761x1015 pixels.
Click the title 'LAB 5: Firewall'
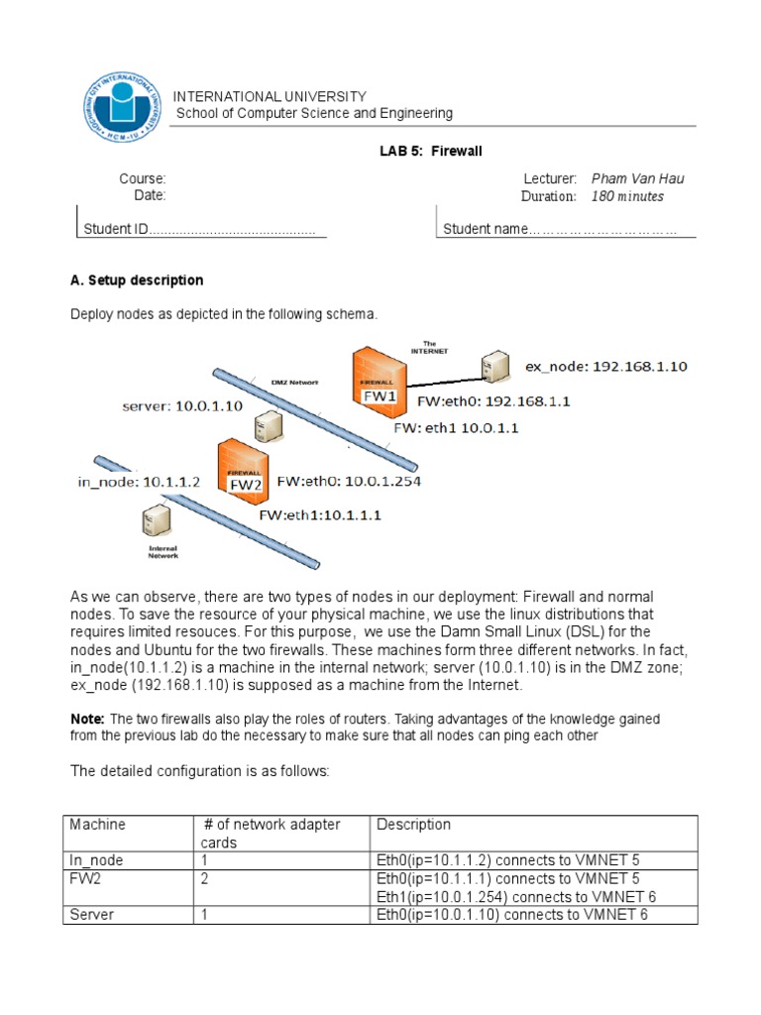[x=431, y=151]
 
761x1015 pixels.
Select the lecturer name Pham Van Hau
[x=637, y=178]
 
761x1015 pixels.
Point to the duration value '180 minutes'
[x=627, y=196]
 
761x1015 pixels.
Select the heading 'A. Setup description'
[x=137, y=281]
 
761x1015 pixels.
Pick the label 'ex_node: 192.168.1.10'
[x=605, y=367]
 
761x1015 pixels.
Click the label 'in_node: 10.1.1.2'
[x=139, y=483]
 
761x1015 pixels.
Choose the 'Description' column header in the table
[x=413, y=825]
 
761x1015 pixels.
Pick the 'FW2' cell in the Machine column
[x=82, y=878]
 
